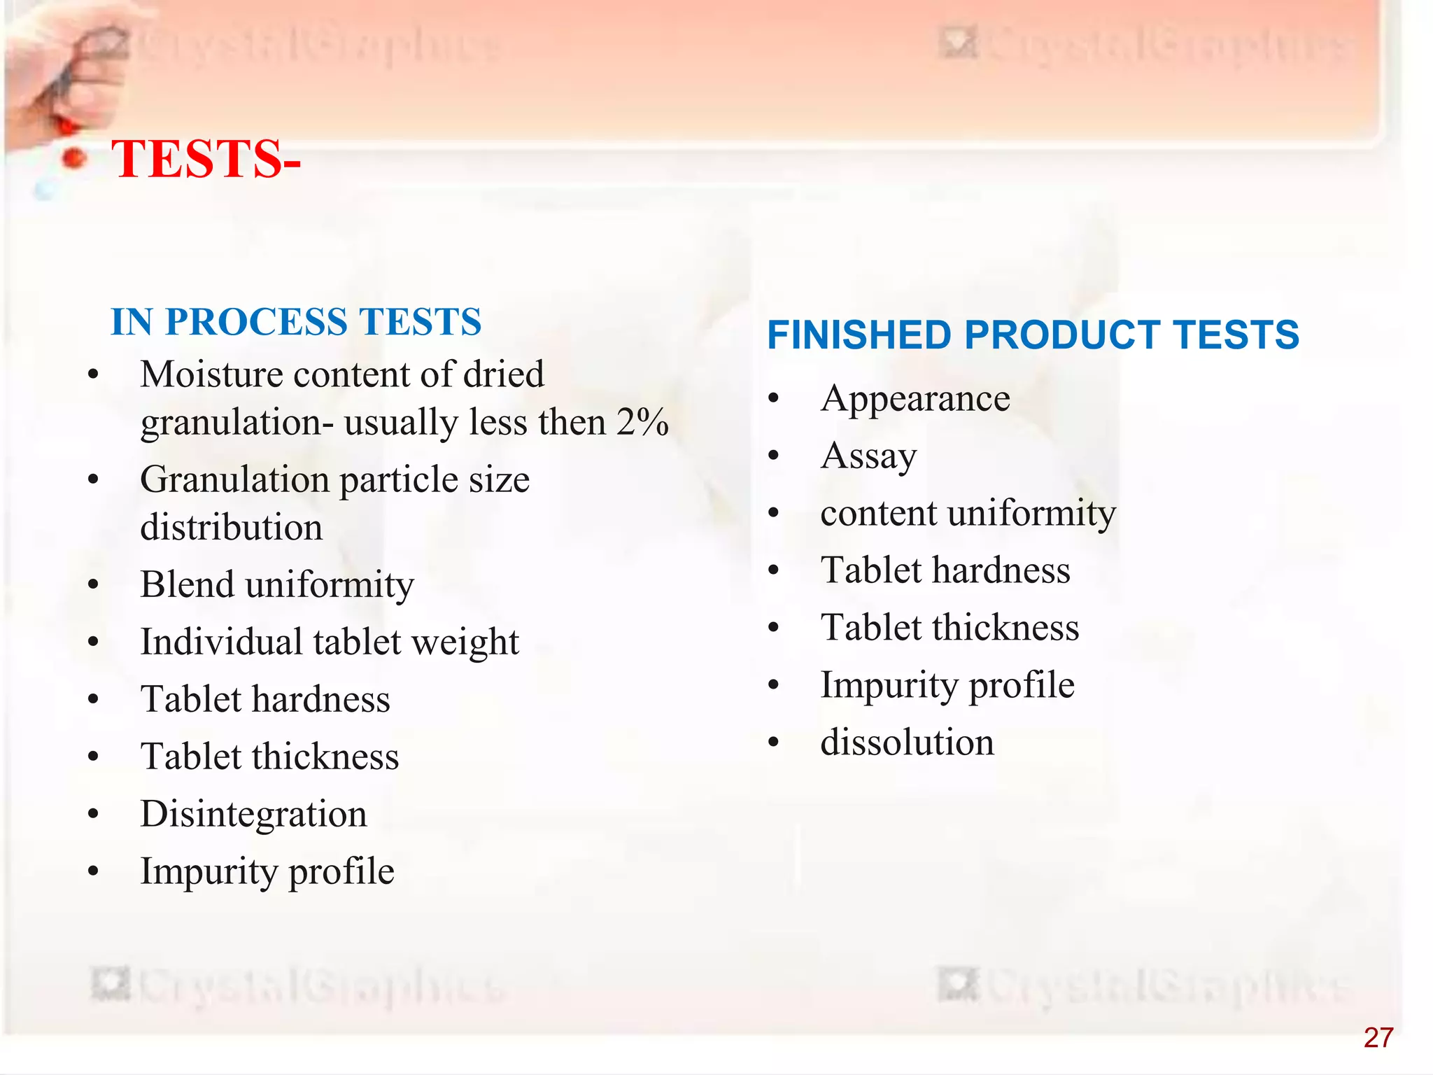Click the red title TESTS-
click(206, 159)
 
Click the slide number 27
click(1378, 1037)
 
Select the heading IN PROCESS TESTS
click(296, 322)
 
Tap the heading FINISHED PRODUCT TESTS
click(1033, 335)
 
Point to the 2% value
click(642, 422)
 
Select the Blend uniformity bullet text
click(277, 584)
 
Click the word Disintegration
click(253, 814)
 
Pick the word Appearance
click(915, 399)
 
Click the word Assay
click(868, 456)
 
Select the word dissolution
click(907, 742)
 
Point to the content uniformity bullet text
click(968, 513)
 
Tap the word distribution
click(232, 527)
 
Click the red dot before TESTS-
click(73, 159)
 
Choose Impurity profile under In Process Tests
click(267, 871)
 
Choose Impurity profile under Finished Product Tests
click(947, 684)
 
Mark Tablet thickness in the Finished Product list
click(950, 627)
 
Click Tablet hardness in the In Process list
click(265, 699)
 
